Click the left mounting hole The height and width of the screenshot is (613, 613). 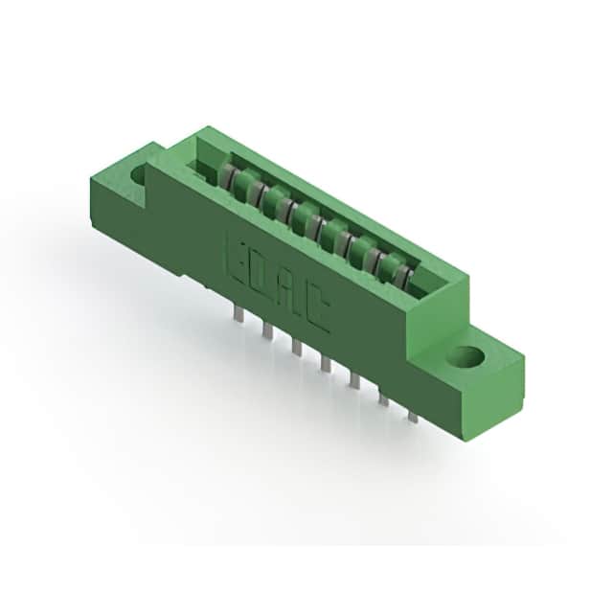138,173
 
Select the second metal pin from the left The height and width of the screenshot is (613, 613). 268,329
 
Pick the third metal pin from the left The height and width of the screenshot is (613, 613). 296,347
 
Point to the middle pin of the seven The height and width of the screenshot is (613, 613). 326,363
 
